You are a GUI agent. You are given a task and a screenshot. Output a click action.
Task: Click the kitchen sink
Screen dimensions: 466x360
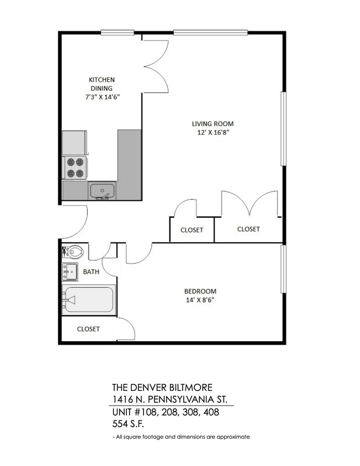102,191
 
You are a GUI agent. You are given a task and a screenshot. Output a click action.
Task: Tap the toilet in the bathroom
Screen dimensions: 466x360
73,252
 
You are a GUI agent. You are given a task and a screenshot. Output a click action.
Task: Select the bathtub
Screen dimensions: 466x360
89,300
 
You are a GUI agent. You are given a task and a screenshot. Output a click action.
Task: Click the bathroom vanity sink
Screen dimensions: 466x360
70,272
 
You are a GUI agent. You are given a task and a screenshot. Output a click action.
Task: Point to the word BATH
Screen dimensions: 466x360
91,272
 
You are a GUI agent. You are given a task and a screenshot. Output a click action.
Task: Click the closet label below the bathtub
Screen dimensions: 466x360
88,329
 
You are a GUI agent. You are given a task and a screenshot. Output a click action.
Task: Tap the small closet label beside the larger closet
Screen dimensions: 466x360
192,230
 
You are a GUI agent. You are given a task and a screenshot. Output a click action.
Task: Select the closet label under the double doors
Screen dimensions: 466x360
248,229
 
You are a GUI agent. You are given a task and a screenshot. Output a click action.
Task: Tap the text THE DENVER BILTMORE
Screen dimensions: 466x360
162,387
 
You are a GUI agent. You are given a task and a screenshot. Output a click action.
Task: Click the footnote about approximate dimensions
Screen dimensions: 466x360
181,437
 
